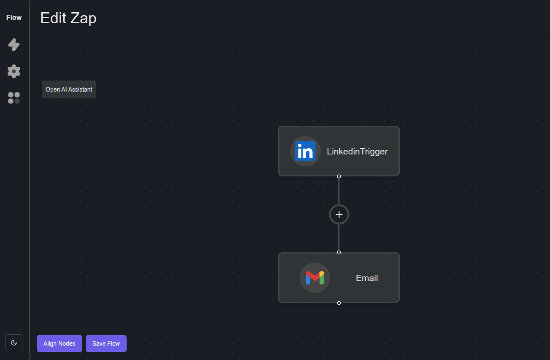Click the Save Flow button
(106, 343)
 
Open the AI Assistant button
(69, 89)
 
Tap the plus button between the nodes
(339, 214)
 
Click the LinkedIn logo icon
(305, 151)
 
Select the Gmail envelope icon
(315, 278)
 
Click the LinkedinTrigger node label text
(357, 152)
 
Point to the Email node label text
(367, 278)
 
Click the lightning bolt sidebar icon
(14, 45)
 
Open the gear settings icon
(14, 71)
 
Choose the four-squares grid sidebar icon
(14, 98)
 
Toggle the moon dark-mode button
(14, 343)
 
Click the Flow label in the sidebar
(14, 17)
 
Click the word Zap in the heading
(83, 19)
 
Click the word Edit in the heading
(53, 18)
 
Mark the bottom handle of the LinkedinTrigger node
(339, 176)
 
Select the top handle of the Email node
(339, 252)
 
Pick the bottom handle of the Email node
(339, 303)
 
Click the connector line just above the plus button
(339, 191)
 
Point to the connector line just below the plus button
(339, 237)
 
